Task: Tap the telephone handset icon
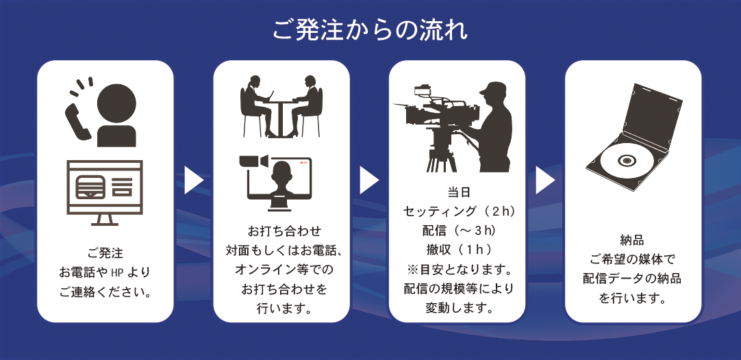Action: pyautogui.click(x=77, y=122)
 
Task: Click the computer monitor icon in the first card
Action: pyautogui.click(x=105, y=192)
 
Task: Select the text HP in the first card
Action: pyautogui.click(x=116, y=272)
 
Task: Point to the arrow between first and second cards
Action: pyautogui.click(x=194, y=180)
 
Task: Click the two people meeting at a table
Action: pyautogui.click(x=281, y=106)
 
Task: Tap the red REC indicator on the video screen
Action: pyautogui.click(x=303, y=163)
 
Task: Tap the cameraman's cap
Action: pyautogui.click(x=494, y=88)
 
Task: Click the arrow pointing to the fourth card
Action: pyautogui.click(x=545, y=180)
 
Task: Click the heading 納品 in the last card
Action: pyautogui.click(x=632, y=240)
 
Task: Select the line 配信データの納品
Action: pyautogui.click(x=632, y=279)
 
